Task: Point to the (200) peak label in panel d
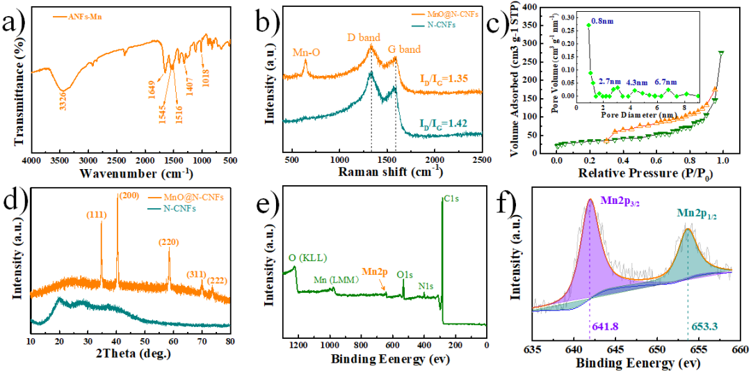[x=129, y=198]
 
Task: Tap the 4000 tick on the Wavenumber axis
[x=31, y=161]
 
